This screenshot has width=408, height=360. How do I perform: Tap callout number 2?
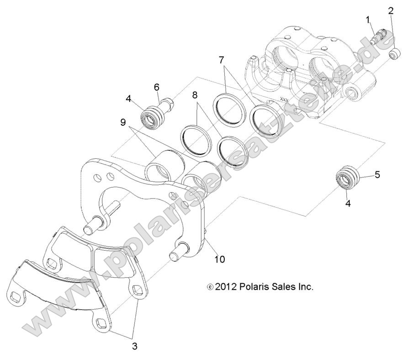(x=391, y=10)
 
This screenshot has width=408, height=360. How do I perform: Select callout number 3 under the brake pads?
(x=135, y=346)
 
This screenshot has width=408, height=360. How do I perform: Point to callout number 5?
(x=377, y=174)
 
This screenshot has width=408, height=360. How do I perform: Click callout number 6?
(x=157, y=86)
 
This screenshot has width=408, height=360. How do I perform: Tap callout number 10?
(x=220, y=259)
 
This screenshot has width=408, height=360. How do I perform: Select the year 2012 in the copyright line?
(x=227, y=287)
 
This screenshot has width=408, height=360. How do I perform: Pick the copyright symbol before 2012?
(x=210, y=288)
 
